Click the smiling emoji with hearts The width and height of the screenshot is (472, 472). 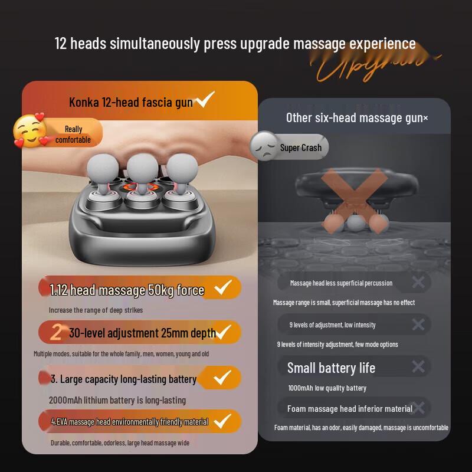click(30, 130)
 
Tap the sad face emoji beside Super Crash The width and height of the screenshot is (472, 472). click(263, 146)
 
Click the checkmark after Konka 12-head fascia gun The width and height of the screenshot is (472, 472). click(205, 100)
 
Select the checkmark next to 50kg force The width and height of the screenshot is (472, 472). click(222, 288)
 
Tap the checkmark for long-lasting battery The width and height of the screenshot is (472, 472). click(222, 377)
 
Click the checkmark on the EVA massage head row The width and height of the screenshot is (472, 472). click(222, 421)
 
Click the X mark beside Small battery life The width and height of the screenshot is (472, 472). click(418, 367)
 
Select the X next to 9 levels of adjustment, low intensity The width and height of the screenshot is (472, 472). click(418, 324)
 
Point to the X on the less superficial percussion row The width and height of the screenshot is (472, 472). click(418, 283)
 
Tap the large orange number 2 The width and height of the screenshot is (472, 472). click(56, 333)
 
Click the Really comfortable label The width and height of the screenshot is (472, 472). click(73, 135)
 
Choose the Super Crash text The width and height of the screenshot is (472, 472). click(301, 147)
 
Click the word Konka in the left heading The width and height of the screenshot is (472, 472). click(82, 103)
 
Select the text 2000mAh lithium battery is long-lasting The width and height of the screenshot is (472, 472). click(117, 400)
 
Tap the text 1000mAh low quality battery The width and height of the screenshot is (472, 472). click(327, 388)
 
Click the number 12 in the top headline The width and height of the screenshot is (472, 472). click(61, 44)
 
